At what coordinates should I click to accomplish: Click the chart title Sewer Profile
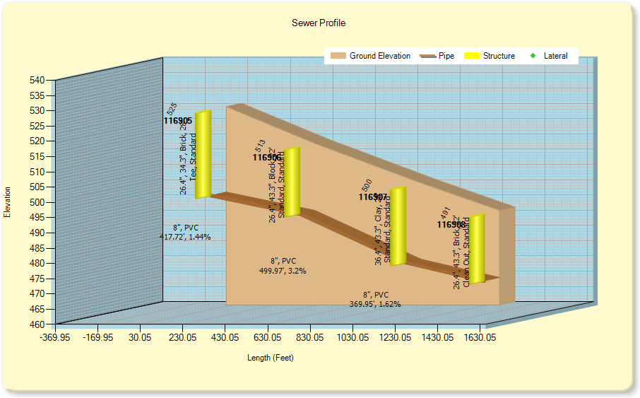(319, 23)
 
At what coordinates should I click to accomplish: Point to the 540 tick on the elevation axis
(37, 81)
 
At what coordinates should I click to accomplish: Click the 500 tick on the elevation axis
(37, 202)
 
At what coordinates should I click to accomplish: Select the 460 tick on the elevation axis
(37, 324)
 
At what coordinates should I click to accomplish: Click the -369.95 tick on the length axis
(55, 339)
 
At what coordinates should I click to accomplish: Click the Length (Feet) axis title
(271, 358)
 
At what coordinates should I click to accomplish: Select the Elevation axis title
(8, 202)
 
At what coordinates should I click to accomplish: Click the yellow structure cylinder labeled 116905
(203, 154)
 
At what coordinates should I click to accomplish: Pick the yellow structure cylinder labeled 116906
(291, 182)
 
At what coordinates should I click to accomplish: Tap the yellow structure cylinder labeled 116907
(398, 226)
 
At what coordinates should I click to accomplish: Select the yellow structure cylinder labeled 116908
(477, 249)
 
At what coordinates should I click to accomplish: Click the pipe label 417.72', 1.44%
(185, 237)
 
